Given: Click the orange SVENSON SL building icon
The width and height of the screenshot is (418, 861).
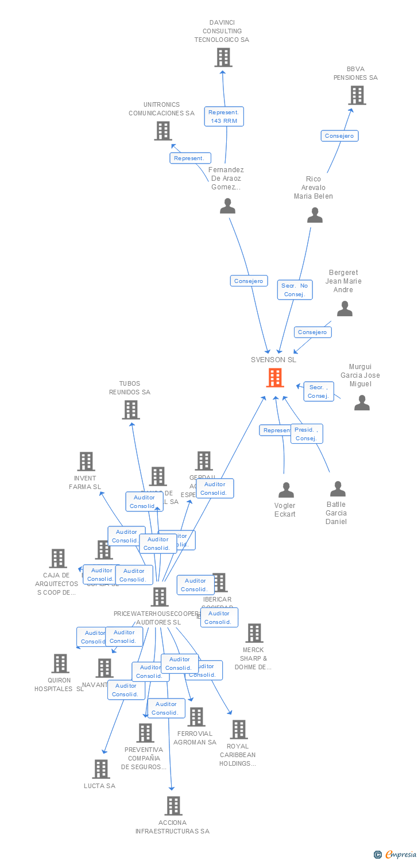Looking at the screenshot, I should [x=275, y=378].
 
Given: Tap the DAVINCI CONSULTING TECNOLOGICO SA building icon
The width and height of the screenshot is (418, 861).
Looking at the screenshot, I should [x=223, y=57].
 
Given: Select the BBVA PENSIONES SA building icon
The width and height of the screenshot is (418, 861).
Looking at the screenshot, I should [x=357, y=95].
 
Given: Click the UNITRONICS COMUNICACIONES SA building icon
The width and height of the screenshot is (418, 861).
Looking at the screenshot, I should [x=163, y=131].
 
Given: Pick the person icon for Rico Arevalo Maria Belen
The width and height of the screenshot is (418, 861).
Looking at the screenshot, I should [x=315, y=215].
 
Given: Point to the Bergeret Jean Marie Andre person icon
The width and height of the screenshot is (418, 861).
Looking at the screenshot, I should [x=345, y=309].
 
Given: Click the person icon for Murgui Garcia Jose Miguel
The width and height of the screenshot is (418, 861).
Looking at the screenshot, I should [x=362, y=403].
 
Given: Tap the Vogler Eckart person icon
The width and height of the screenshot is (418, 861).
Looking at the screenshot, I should [x=286, y=490].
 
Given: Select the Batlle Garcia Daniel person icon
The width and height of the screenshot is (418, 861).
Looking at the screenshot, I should [x=338, y=489].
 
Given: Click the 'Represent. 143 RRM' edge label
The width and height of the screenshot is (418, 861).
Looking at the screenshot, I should [x=224, y=117].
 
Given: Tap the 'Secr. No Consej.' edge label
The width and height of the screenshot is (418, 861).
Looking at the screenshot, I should [x=295, y=290].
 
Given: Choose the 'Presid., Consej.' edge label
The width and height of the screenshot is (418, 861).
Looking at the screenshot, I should [x=307, y=434].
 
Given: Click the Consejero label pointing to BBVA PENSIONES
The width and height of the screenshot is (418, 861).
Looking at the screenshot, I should [x=339, y=136].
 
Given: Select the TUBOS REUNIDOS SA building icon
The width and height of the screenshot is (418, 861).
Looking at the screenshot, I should [x=131, y=410].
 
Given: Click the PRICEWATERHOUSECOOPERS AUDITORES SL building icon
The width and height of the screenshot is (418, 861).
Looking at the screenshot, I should [x=160, y=597].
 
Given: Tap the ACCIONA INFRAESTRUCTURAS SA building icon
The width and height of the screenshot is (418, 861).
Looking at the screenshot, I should [x=173, y=806].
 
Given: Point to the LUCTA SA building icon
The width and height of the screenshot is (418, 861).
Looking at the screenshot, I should [x=101, y=769].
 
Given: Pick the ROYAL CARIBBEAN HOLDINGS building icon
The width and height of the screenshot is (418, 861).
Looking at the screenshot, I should [x=239, y=730].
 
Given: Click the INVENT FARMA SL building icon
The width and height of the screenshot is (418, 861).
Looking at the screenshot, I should [x=86, y=461].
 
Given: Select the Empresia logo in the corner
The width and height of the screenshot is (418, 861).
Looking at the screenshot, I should [x=396, y=854].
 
